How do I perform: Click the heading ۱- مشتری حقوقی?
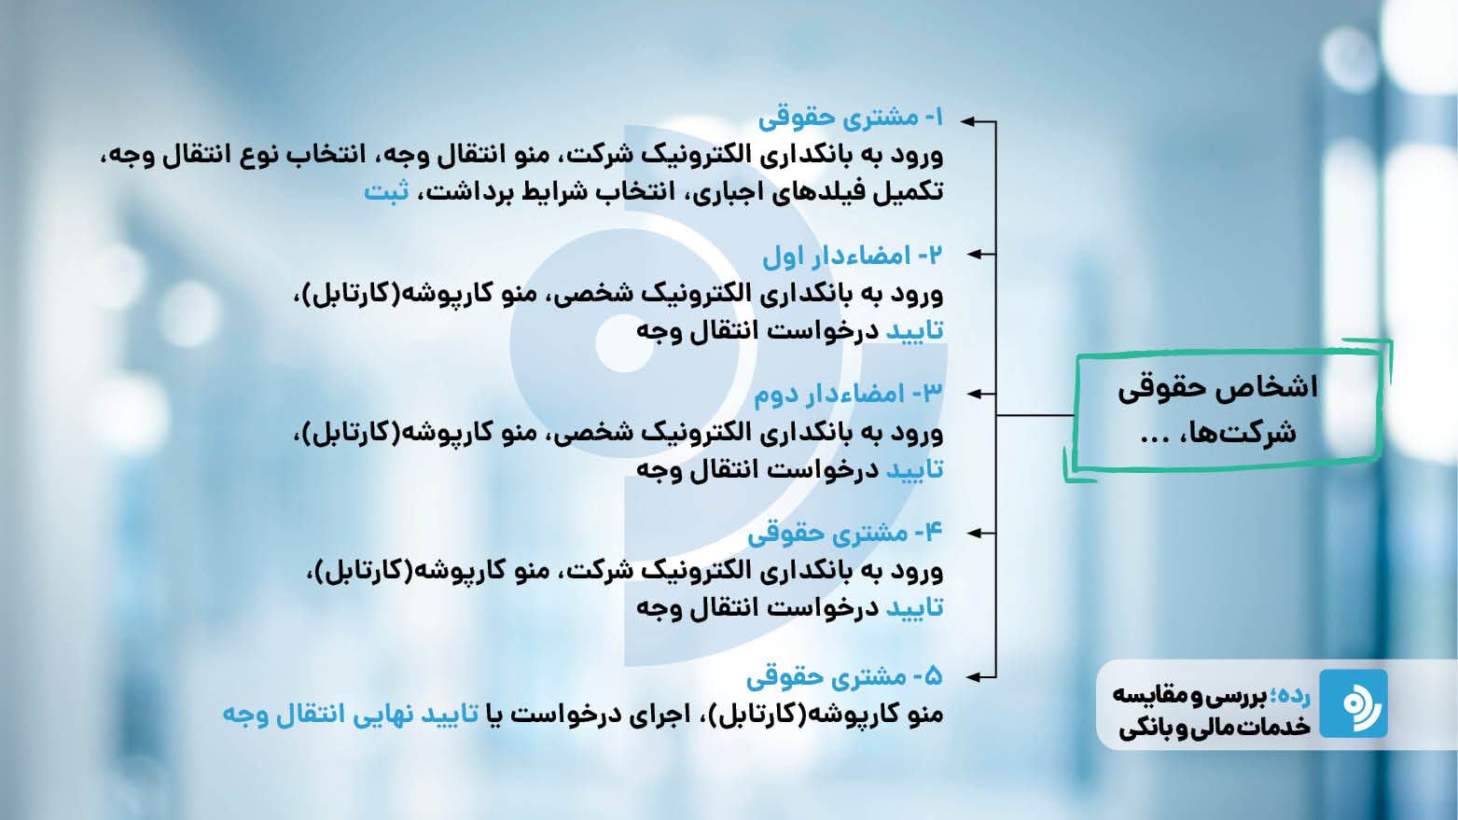coord(851,118)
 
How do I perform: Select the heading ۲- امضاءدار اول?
coord(853,256)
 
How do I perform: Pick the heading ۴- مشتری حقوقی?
coord(845,534)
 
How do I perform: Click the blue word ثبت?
coord(386,192)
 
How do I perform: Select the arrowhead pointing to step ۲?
coord(974,255)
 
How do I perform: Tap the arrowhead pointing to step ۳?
coord(974,394)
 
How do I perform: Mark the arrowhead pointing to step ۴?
coord(974,533)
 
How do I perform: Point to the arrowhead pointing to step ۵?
coord(974,677)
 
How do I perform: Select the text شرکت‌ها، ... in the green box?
coord(1218,432)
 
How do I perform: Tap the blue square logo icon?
coord(1354,703)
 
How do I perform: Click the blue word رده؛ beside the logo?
coord(1290,696)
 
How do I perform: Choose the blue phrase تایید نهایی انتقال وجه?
coord(351,714)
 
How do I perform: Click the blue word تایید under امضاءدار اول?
coord(915,330)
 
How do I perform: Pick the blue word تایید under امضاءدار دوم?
coord(915,469)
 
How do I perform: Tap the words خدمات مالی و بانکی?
coord(1215,727)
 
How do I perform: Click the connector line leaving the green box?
coord(1034,415)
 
